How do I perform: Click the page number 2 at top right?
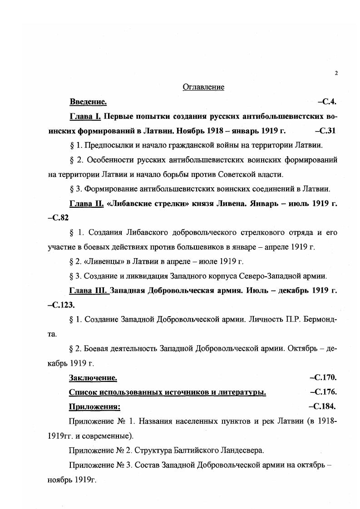click(336, 73)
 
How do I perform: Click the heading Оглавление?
click(203, 87)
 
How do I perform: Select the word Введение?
click(88, 102)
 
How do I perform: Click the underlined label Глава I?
click(85, 116)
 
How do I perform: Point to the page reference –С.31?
click(325, 131)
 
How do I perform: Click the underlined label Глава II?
click(87, 203)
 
